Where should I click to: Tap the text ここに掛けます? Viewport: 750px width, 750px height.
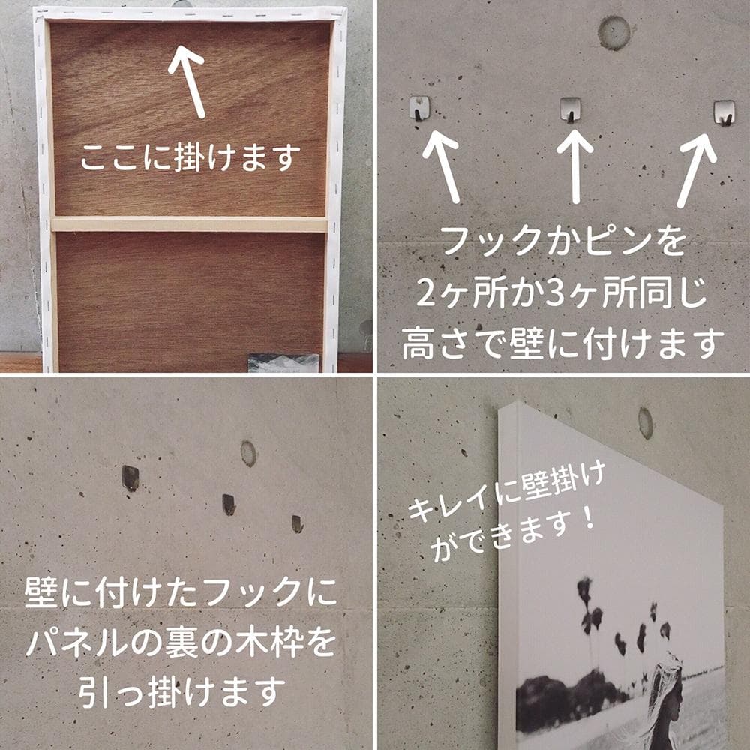point(190,157)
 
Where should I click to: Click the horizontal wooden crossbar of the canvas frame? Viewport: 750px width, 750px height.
point(190,224)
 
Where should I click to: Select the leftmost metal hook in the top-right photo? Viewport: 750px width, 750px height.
point(419,109)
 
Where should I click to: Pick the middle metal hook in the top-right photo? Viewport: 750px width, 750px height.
point(571,110)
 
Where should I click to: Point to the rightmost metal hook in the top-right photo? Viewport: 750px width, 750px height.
point(724,113)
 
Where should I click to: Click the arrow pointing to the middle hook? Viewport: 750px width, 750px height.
point(575,166)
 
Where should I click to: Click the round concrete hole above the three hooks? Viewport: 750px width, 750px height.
point(613,32)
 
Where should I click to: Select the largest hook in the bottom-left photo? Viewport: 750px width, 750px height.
point(130,478)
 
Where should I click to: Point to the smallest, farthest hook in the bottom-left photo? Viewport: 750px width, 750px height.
point(297,524)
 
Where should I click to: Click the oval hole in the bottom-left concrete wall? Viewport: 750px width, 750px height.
point(248,454)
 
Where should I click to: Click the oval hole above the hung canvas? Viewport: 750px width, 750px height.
point(646,423)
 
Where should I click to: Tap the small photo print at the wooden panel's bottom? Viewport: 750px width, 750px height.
point(283,362)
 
